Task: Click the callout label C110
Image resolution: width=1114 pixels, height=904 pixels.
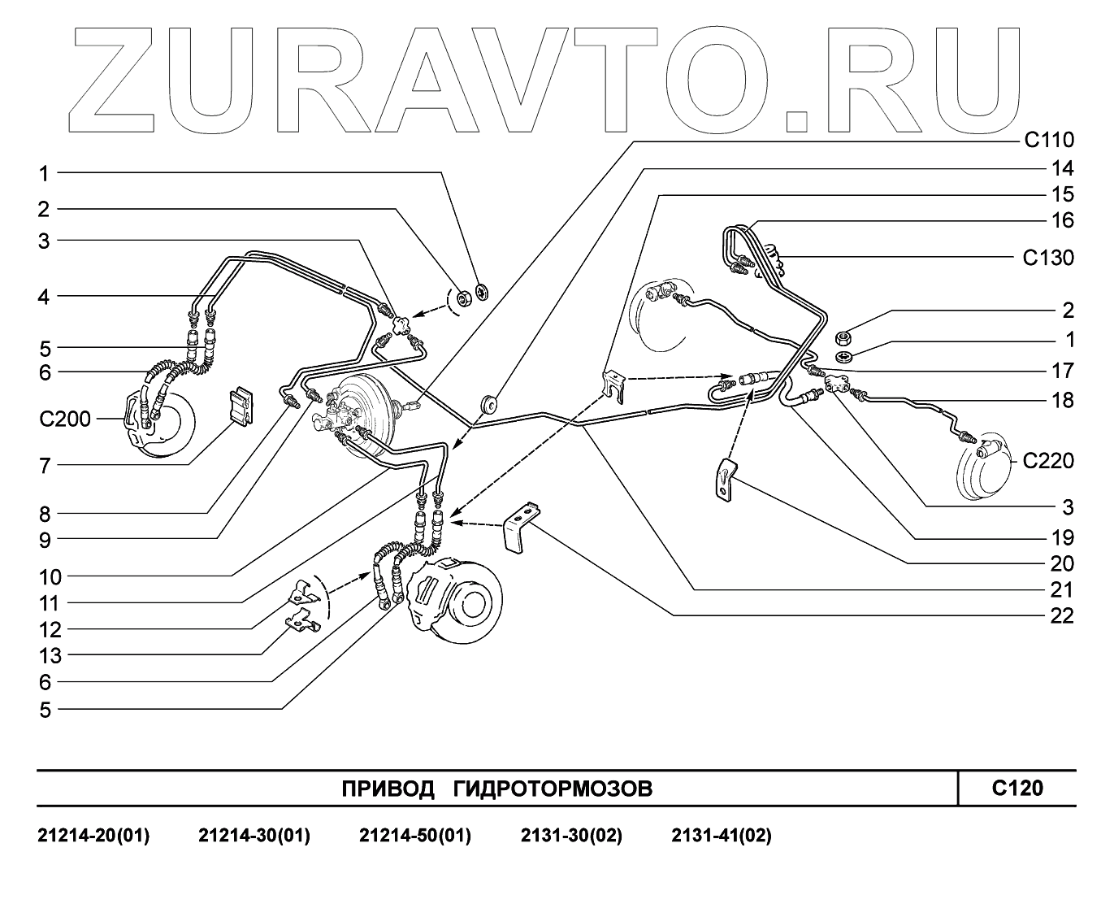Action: click(1047, 141)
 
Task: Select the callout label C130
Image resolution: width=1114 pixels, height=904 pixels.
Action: click(1047, 259)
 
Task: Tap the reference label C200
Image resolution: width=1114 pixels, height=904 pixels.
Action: click(63, 419)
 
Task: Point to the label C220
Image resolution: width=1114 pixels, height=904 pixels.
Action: click(1047, 462)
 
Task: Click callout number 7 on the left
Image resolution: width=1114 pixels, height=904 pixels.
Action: click(45, 467)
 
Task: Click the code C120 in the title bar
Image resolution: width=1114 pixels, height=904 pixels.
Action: click(1017, 788)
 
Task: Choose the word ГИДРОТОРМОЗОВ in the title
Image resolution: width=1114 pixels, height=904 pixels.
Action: click(553, 789)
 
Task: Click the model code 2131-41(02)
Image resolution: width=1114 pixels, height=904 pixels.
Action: click(722, 836)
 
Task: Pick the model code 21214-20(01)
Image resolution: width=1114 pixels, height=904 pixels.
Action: click(94, 836)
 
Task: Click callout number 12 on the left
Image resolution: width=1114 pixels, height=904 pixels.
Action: click(50, 630)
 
